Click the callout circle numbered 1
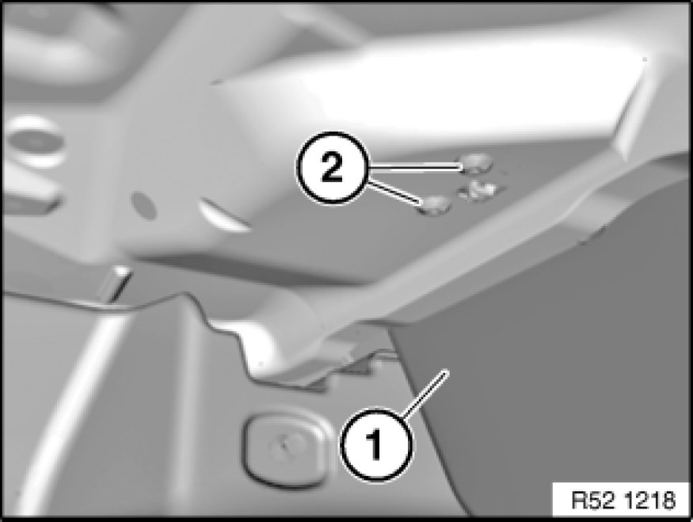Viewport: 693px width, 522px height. pyautogui.click(x=376, y=444)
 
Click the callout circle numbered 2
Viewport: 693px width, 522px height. pyautogui.click(x=333, y=167)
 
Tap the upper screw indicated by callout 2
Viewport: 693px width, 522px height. pyautogui.click(x=476, y=164)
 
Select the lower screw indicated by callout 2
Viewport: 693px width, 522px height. pyautogui.click(x=435, y=204)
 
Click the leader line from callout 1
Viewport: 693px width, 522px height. pyautogui.click(x=425, y=394)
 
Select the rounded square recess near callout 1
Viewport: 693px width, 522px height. pyautogui.click(x=287, y=448)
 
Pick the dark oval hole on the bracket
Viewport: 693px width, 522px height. pyautogui.click(x=144, y=205)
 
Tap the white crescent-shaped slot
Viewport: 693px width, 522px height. pyautogui.click(x=224, y=215)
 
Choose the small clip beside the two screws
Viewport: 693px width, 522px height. pyautogui.click(x=478, y=190)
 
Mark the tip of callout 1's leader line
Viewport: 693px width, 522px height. pyautogui.click(x=448, y=371)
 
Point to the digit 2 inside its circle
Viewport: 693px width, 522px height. pyautogui.click(x=332, y=168)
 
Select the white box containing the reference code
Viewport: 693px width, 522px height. pyautogui.click(x=620, y=500)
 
